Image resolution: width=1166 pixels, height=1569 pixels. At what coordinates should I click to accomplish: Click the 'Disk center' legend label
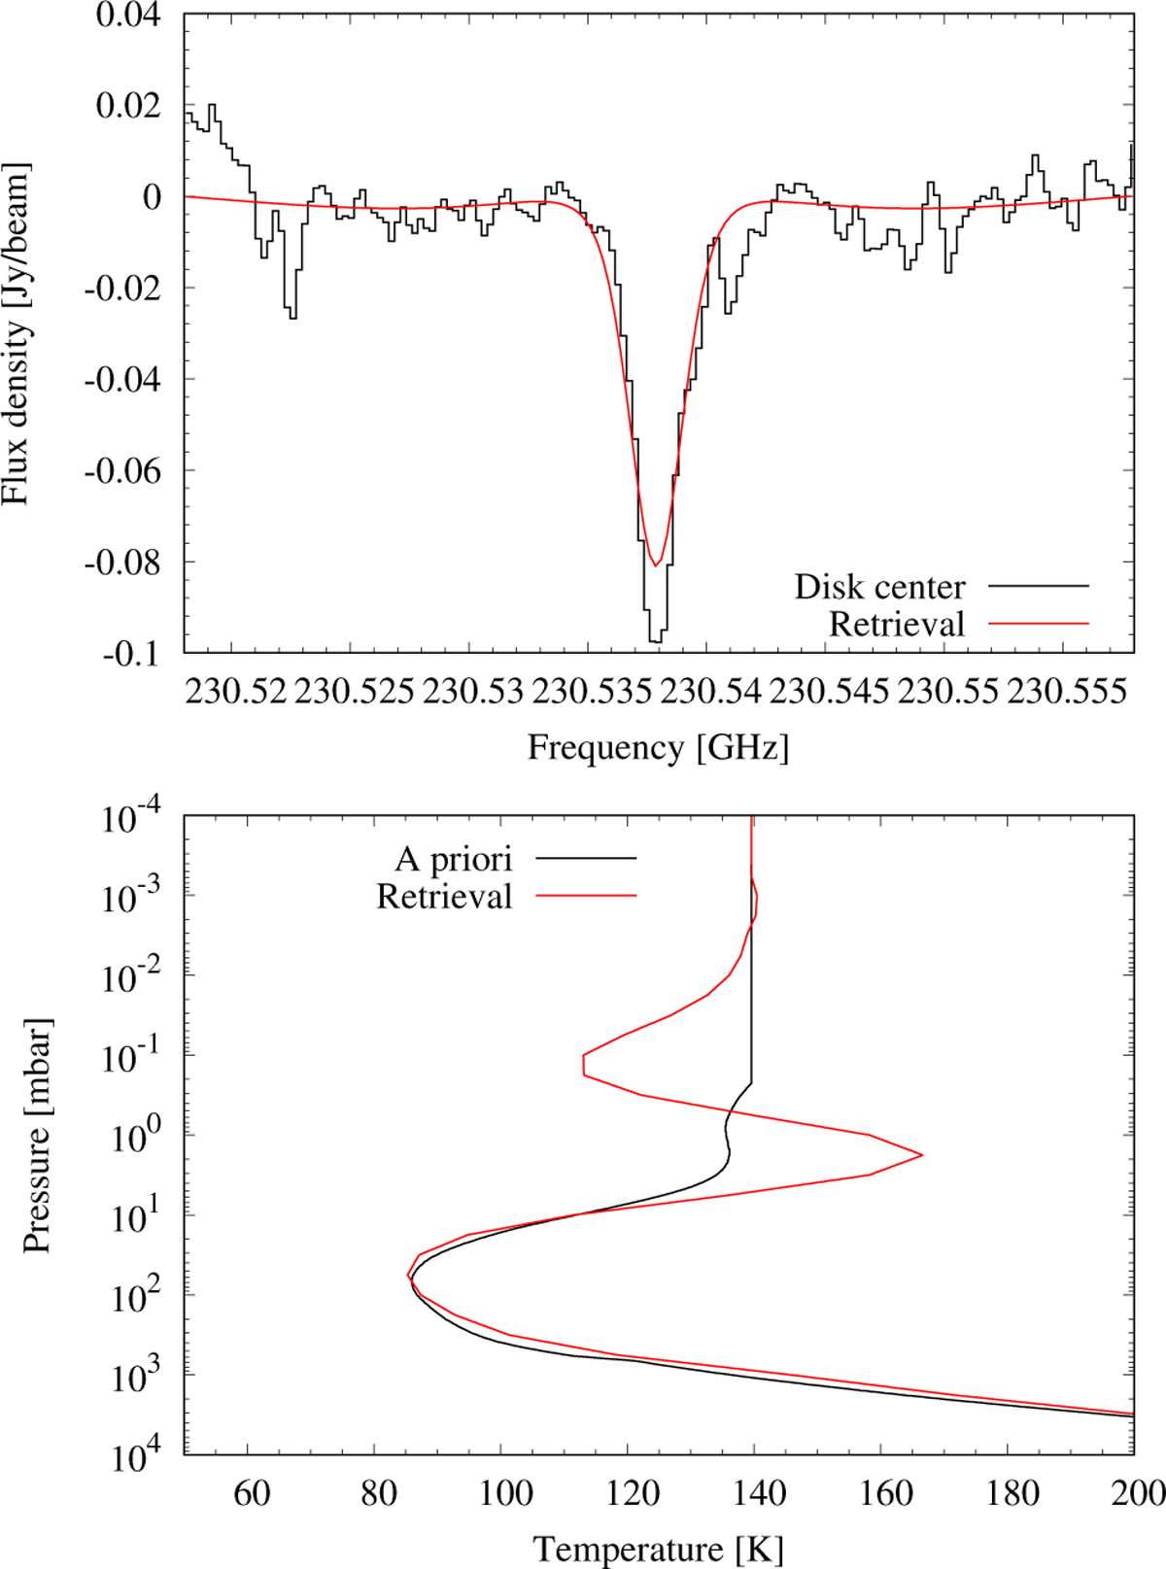(879, 587)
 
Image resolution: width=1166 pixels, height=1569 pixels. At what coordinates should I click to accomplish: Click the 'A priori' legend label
(453, 859)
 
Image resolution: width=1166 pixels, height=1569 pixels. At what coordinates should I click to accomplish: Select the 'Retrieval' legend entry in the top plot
(896, 624)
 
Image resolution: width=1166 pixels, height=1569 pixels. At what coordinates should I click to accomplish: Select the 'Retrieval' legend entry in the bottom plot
(444, 896)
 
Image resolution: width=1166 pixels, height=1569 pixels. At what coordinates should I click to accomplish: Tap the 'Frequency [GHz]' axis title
(658, 747)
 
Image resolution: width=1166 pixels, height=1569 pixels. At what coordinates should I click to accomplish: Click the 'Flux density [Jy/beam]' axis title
(17, 333)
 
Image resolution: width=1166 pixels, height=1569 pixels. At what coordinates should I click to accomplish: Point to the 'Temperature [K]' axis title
(658, 1549)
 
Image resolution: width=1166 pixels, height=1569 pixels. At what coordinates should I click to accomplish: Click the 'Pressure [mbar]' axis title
(36, 1135)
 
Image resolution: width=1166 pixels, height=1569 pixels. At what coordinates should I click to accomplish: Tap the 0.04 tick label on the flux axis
(127, 17)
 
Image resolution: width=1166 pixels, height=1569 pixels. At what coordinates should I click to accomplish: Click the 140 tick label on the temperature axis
(758, 1492)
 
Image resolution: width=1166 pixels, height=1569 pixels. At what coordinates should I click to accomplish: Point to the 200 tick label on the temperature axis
(1137, 1492)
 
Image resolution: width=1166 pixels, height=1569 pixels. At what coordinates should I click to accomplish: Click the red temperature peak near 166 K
(921, 1155)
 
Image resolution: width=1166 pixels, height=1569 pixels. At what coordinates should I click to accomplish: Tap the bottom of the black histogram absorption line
(655, 642)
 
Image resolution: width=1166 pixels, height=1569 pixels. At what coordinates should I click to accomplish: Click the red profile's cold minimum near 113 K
(583, 1065)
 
